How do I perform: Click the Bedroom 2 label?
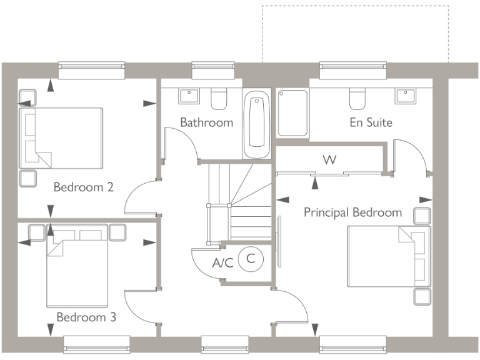click(83, 187)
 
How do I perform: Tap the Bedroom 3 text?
click(86, 317)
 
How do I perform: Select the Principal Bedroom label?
click(352, 212)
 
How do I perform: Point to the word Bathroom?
click(206, 122)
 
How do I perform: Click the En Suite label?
click(371, 122)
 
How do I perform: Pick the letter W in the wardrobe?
click(329, 160)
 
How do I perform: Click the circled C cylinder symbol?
click(251, 258)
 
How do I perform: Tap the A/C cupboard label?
click(222, 263)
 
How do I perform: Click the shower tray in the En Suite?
click(292, 112)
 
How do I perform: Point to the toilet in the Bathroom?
click(219, 99)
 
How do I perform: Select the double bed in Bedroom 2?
click(61, 137)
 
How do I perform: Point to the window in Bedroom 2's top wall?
click(91, 70)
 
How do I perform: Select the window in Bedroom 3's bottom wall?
click(97, 344)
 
